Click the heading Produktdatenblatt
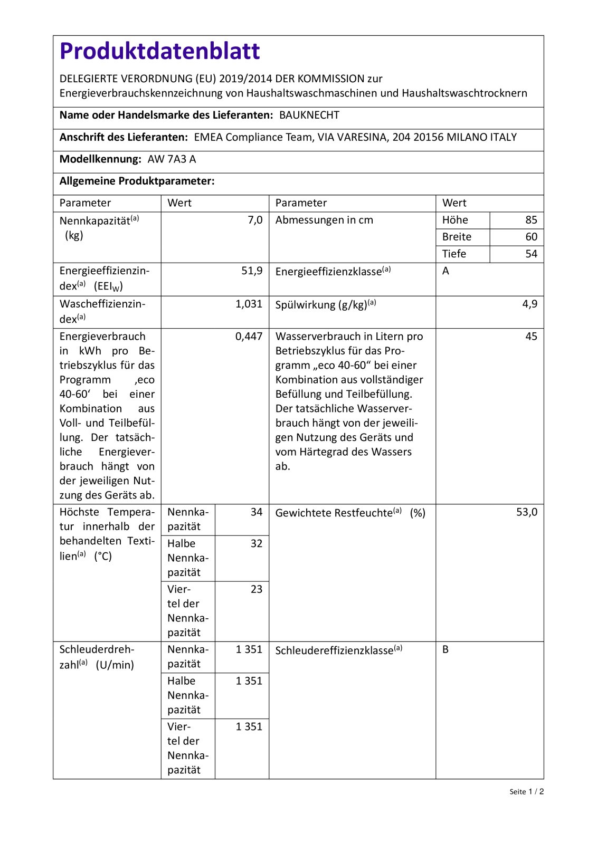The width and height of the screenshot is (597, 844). pos(159,51)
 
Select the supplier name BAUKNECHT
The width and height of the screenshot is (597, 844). pos(309,116)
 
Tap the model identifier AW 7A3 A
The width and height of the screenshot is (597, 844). pos(172,159)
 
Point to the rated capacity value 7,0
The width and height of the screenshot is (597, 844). pos(255,220)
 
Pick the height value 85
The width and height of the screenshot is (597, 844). pos(531,220)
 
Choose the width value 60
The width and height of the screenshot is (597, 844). pos(531,237)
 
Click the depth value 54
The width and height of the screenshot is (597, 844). pos(531,254)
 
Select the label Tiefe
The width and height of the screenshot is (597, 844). pos(454,254)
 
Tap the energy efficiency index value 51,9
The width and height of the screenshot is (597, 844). pos(252,271)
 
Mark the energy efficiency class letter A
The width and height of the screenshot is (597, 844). pos(446,271)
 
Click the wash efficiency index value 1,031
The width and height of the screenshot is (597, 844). pos(249,304)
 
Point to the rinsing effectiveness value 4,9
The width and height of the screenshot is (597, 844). pos(529,304)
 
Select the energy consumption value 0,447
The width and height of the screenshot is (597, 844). pos(249,337)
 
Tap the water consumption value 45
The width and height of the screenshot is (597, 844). pos(531,337)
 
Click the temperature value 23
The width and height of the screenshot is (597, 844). pos(256,589)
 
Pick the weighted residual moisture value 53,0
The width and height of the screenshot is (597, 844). pos(526,512)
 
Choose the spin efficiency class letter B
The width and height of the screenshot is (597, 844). pos(446,649)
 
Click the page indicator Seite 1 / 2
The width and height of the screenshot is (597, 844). pos(526,791)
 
